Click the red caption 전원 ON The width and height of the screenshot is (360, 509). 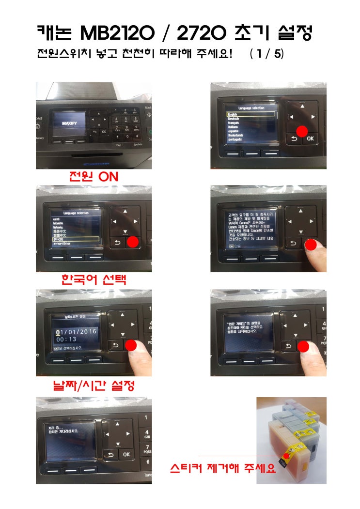94,177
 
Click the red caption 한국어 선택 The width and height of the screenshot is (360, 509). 94,279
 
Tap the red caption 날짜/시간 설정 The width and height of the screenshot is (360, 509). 94,386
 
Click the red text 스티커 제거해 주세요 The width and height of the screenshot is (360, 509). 222,468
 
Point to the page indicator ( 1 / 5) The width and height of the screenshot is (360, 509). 266,54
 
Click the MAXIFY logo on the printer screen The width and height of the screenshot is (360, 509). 70,124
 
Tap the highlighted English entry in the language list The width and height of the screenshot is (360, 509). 251,115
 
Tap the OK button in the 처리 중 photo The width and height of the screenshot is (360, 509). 126,455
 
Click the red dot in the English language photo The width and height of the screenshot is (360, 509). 301,131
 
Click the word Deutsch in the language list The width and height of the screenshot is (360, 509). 234,119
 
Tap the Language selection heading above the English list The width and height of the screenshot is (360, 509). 251,108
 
